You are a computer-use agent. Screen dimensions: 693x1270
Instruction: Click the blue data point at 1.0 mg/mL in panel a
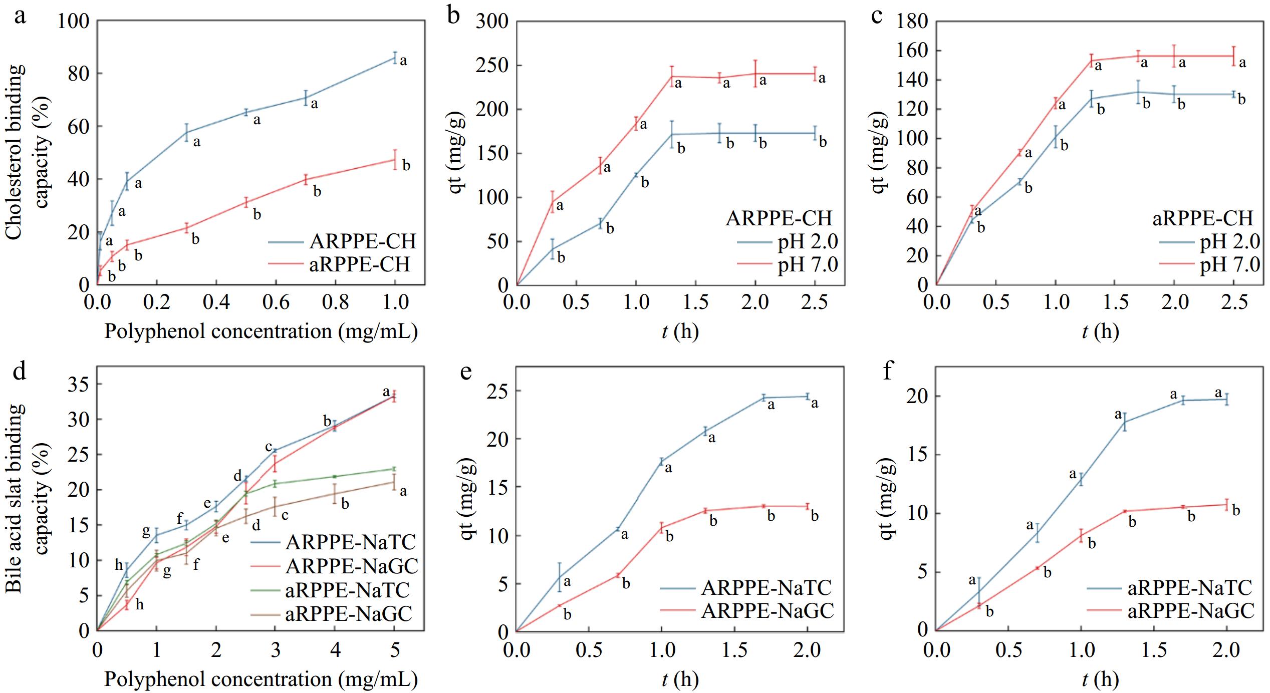click(x=395, y=58)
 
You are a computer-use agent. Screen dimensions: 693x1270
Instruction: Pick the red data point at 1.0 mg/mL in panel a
click(x=395, y=160)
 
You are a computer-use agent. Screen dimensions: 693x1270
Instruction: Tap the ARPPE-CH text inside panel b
click(x=779, y=218)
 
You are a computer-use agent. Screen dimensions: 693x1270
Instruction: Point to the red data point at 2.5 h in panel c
click(x=1233, y=56)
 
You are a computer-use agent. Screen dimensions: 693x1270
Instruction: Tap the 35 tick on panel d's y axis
click(x=80, y=385)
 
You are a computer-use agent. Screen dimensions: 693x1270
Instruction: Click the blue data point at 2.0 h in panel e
click(x=807, y=397)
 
